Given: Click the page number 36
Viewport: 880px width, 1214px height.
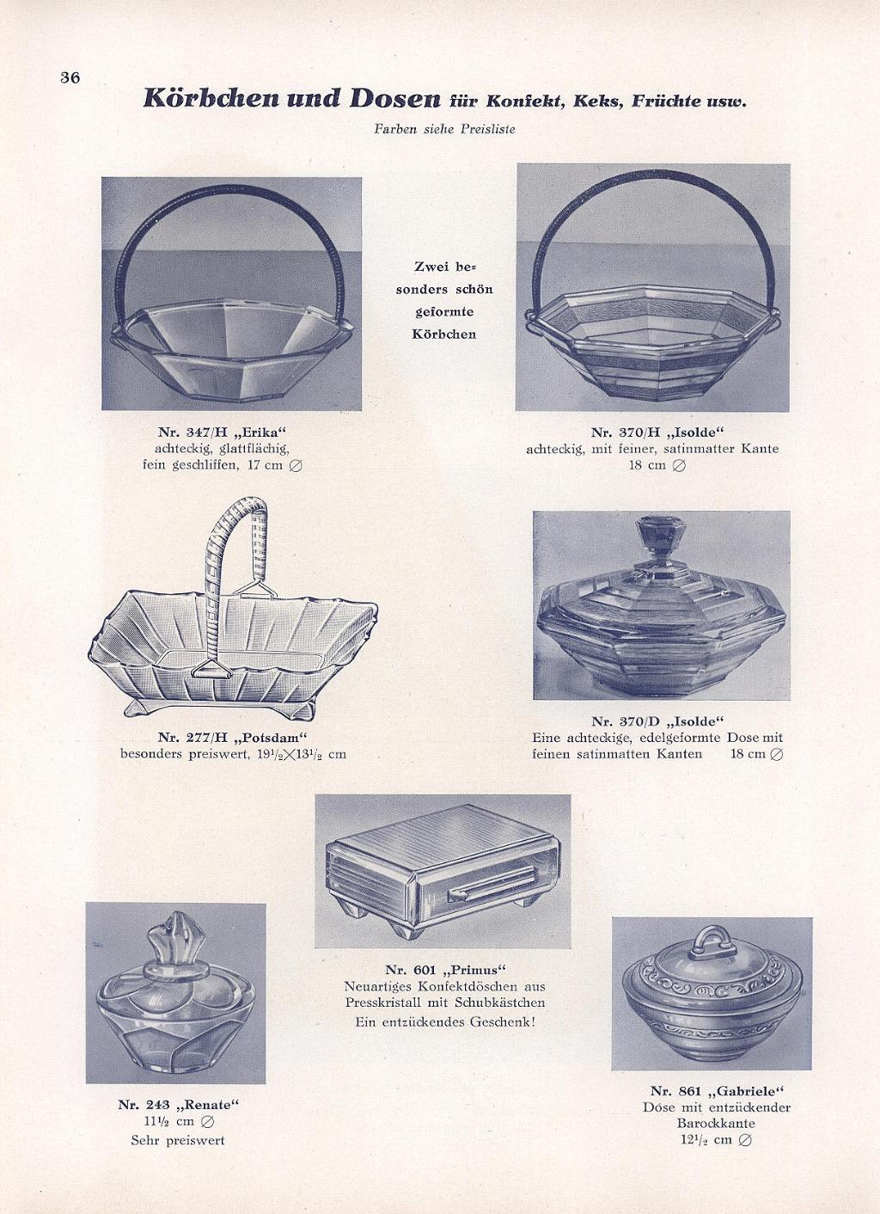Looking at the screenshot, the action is tap(70, 77).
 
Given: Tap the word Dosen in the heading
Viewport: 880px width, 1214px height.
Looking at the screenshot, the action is tap(394, 98).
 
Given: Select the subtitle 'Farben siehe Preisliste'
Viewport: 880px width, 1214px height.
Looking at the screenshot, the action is tap(444, 130).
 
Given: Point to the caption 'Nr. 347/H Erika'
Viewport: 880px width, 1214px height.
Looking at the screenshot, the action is tap(222, 432).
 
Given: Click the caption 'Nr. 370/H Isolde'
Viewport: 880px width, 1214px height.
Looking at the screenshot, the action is tap(657, 432).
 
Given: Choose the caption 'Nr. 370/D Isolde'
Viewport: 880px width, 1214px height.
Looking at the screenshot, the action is tap(657, 721).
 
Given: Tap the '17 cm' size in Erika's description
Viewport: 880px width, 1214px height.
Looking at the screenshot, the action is tap(263, 465).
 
